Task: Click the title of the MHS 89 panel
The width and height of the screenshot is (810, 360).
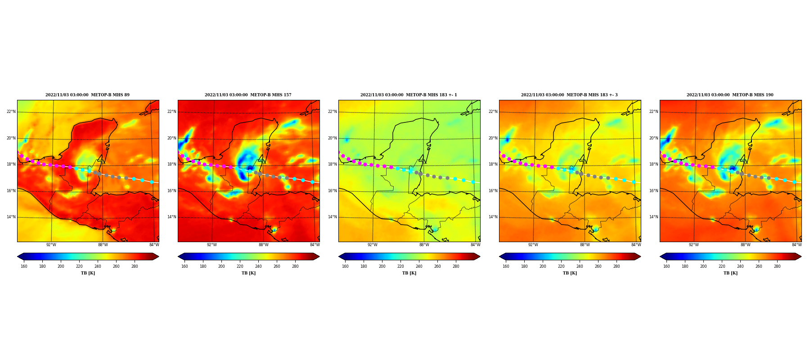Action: click(87, 95)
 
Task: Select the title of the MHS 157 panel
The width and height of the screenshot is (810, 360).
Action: click(248, 95)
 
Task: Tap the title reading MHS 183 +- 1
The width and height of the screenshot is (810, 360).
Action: click(409, 95)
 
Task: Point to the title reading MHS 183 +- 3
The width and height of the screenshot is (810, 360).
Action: click(569, 95)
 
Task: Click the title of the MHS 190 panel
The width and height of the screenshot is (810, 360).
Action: click(730, 95)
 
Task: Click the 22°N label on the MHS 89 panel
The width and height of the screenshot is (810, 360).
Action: click(11, 112)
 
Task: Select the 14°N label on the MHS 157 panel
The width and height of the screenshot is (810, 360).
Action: click(171, 217)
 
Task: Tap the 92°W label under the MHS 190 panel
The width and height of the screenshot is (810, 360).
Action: click(693, 245)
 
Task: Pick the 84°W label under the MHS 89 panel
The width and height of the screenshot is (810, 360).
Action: click(154, 245)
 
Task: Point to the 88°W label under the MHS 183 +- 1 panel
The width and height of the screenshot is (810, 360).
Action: click(424, 245)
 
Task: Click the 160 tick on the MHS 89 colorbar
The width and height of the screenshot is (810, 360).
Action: click(24, 266)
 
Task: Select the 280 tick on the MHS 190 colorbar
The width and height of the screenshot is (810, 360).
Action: click(777, 266)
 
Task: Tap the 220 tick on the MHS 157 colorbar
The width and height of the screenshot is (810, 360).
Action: click(240, 266)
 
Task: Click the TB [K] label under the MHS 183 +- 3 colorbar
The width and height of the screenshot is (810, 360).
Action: click(570, 273)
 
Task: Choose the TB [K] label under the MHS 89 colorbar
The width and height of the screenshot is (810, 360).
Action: click(88, 273)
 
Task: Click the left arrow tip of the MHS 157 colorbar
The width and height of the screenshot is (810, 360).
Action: click(178, 256)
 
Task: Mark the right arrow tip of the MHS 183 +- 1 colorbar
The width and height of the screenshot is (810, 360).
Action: click(480, 256)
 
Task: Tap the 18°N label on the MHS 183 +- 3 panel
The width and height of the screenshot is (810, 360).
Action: click(493, 164)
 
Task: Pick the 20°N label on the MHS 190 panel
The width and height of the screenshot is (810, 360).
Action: click(653, 138)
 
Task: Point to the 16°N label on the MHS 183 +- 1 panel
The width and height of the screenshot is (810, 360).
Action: click(332, 191)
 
